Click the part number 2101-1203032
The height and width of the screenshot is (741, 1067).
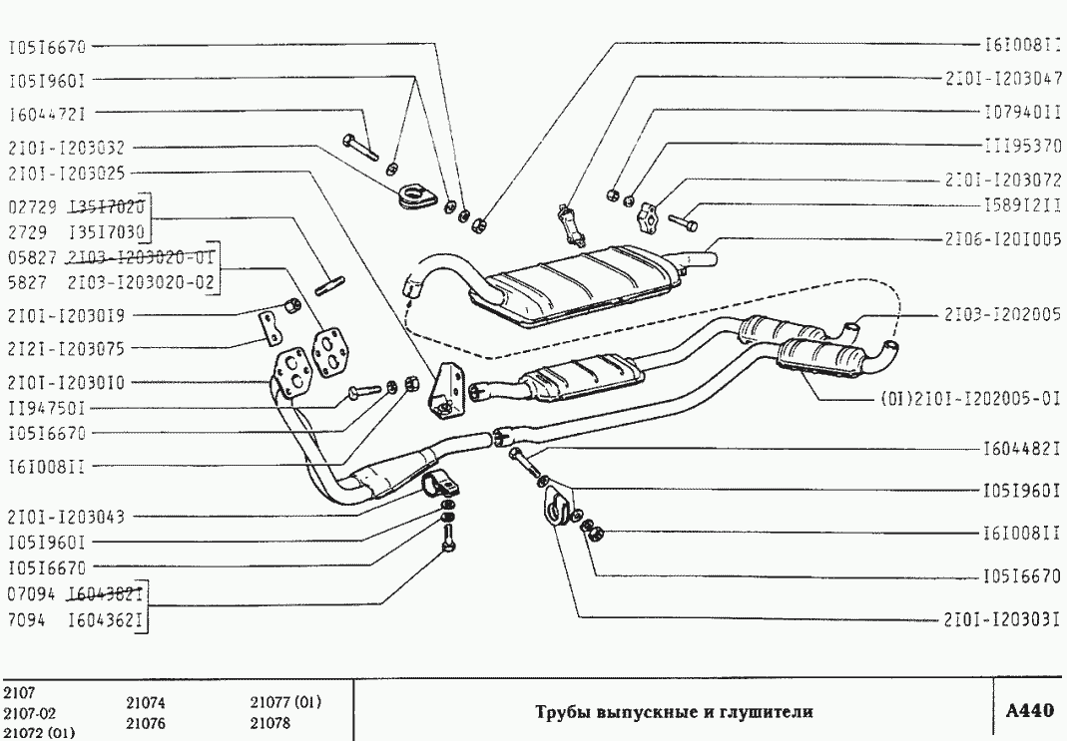click(65, 147)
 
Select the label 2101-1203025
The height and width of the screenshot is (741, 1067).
click(65, 174)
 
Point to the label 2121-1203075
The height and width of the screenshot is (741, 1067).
click(65, 349)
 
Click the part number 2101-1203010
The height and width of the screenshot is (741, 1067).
click(65, 382)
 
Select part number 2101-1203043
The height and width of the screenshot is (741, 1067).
click(65, 518)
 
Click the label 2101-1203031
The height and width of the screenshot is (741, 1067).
click(1002, 618)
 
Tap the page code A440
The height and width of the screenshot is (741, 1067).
click(1029, 711)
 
